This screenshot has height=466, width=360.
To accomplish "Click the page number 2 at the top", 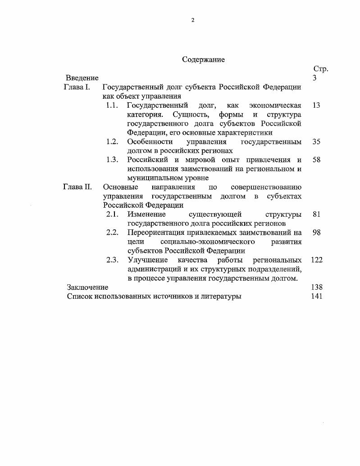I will click(x=192, y=20).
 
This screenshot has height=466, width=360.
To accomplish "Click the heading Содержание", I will click(x=203, y=59).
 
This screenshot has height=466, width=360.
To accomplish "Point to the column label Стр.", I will click(x=320, y=69).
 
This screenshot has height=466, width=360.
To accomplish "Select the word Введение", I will click(x=82, y=78).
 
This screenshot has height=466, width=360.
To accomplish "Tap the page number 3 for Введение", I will click(x=314, y=78).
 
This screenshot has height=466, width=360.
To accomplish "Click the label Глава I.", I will click(x=77, y=87).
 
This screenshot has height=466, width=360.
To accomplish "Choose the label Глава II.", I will click(x=78, y=187).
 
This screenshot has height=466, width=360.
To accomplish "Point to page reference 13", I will click(x=316, y=105).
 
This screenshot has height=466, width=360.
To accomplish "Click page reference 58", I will click(x=316, y=160).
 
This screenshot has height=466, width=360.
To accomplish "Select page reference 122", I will click(x=317, y=260).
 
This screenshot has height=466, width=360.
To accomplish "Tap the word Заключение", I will click(x=87, y=287).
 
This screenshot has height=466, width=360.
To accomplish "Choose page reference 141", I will click(x=317, y=296).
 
